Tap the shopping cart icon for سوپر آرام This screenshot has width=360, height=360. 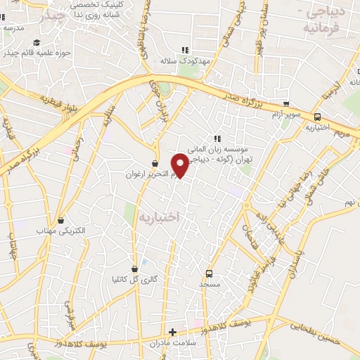pos(285,103)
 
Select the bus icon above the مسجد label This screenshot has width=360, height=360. pos(208,274)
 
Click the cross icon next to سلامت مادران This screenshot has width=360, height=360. pos(172,332)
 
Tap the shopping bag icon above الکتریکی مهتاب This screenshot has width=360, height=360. pos(61,220)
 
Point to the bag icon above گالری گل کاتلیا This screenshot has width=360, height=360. pos(135,269)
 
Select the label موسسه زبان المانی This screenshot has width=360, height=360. pos(238,149)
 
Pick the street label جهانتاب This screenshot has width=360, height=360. pos(13,245)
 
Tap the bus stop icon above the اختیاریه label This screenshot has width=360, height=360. pos(318,117)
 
